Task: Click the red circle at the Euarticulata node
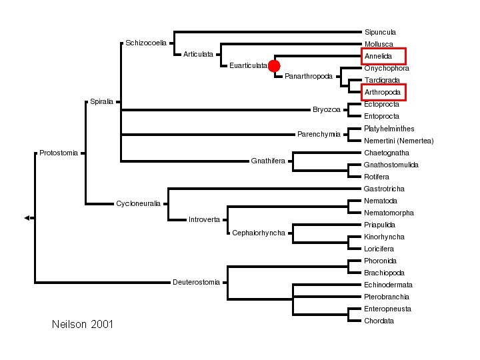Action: pyautogui.click(x=274, y=65)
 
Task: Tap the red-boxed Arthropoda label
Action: pyautogui.click(x=383, y=92)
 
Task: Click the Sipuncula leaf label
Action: pyautogui.click(x=380, y=32)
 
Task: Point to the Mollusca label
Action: pyautogui.click(x=379, y=44)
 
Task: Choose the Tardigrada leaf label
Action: pyautogui.click(x=382, y=80)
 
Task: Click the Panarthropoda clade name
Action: pyautogui.click(x=308, y=76)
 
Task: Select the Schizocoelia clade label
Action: pyautogui.click(x=146, y=43)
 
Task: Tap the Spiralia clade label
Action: pyautogui.click(x=101, y=102)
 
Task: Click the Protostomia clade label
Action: pyautogui.click(x=59, y=153)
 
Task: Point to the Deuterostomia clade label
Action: pyautogui.click(x=196, y=282)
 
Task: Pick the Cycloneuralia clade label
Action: pyautogui.click(x=138, y=203)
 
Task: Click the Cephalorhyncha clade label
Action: pyautogui.click(x=259, y=233)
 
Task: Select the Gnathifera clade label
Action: pyautogui.click(x=268, y=161)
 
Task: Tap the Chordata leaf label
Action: pyautogui.click(x=379, y=321)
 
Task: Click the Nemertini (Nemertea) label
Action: pyautogui.click(x=399, y=141)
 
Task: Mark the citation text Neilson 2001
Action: pyautogui.click(x=82, y=325)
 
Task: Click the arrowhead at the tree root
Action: pyautogui.click(x=27, y=218)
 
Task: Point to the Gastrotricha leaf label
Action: pyautogui.click(x=384, y=189)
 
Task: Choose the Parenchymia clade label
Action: pyautogui.click(x=319, y=135)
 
